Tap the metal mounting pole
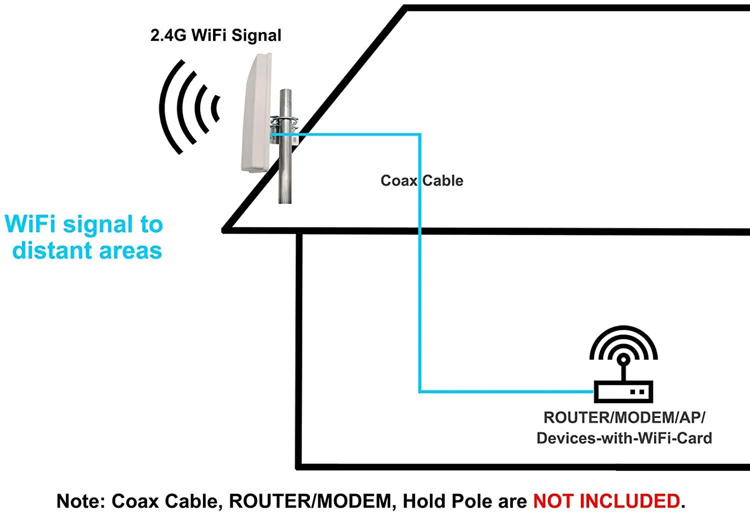click(x=285, y=170)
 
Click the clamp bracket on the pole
click(x=284, y=121)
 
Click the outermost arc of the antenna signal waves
click(x=168, y=107)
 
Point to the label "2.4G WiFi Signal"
click(x=215, y=35)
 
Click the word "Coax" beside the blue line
click(x=398, y=180)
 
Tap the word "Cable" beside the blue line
click(x=443, y=180)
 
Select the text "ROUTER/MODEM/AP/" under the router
click(x=624, y=417)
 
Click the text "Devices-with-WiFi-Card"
click(x=624, y=438)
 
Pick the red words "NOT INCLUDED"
click(x=606, y=500)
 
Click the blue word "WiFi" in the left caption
click(x=30, y=224)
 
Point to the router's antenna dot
click(x=623, y=359)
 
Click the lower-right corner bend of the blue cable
click(x=420, y=391)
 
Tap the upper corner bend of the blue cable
click(x=419, y=134)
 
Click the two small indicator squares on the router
click(x=637, y=392)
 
